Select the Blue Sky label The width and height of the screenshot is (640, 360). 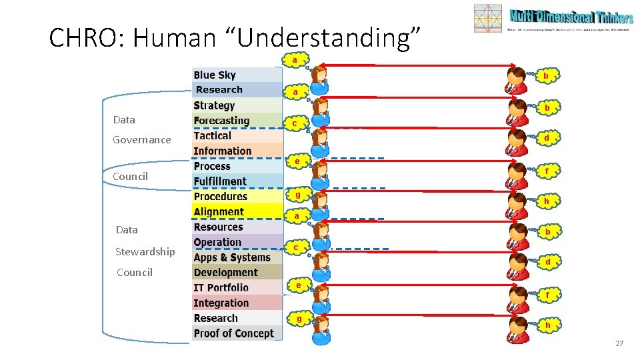[x=215, y=75]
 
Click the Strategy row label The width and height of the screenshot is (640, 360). [x=214, y=105]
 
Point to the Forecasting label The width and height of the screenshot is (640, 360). [x=221, y=121]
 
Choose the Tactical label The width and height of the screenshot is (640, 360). [x=212, y=135]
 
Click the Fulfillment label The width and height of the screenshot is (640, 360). [x=220, y=181]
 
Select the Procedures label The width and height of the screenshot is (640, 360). [x=220, y=197]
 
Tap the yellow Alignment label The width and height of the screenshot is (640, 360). [x=219, y=212]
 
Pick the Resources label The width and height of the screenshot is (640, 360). [x=218, y=227]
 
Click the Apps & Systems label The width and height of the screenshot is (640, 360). [x=232, y=257]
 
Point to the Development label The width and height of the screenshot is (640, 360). [x=225, y=272]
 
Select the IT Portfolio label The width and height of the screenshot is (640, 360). [x=221, y=287]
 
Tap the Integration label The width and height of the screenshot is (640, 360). [x=221, y=303]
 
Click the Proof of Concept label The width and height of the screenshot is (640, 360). [x=233, y=333]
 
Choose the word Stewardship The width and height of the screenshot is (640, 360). [x=145, y=251]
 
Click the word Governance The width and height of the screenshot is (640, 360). [x=141, y=139]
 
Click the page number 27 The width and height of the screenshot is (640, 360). [x=619, y=343]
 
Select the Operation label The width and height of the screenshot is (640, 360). [x=217, y=242]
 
